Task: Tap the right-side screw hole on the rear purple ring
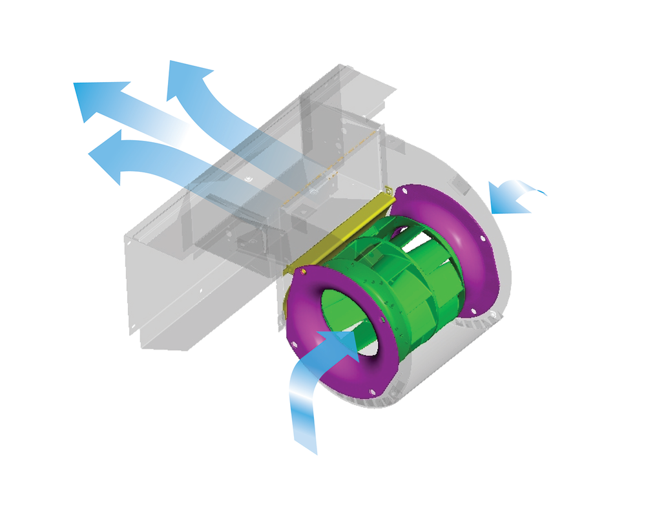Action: click(483, 238)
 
